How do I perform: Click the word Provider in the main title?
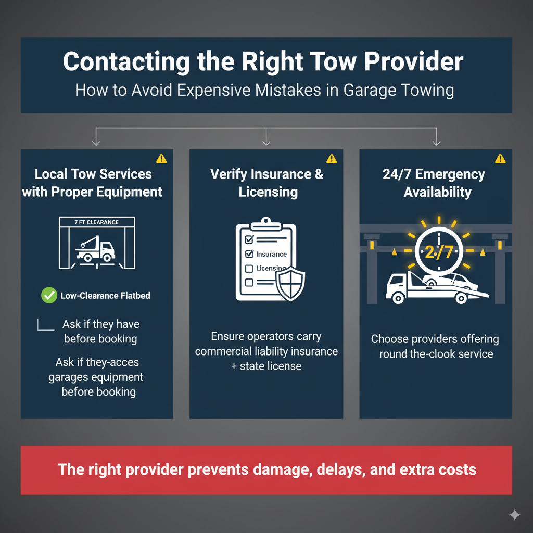pyautogui.click(x=414, y=61)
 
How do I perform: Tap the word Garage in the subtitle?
pyautogui.click(x=370, y=91)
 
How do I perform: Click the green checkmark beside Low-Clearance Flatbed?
pyautogui.click(x=49, y=295)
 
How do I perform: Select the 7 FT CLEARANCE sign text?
pyautogui.click(x=96, y=222)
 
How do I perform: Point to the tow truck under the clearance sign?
pyautogui.click(x=96, y=249)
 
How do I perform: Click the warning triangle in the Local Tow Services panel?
pyautogui.click(x=161, y=159)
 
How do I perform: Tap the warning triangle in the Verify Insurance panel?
pyautogui.click(x=332, y=159)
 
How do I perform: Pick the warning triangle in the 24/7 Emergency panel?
pyautogui.click(x=500, y=159)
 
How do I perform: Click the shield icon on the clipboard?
pyautogui.click(x=290, y=284)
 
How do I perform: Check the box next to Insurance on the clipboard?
pyautogui.click(x=249, y=254)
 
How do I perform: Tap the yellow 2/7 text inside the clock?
pyautogui.click(x=439, y=252)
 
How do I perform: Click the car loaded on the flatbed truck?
pyautogui.click(x=450, y=280)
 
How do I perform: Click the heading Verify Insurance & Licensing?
pyautogui.click(x=267, y=183)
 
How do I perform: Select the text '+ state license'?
pyautogui.click(x=266, y=366)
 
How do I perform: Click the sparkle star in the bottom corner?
pyautogui.click(x=515, y=515)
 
